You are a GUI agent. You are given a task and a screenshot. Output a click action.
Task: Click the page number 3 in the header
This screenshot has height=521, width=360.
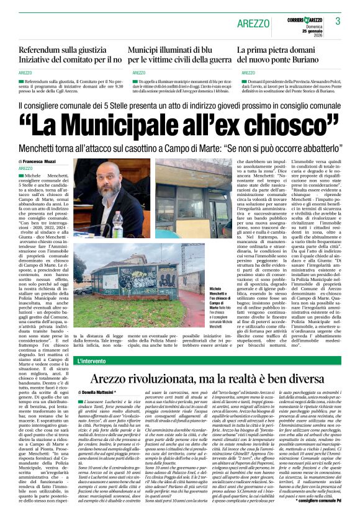coord(338,22)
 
